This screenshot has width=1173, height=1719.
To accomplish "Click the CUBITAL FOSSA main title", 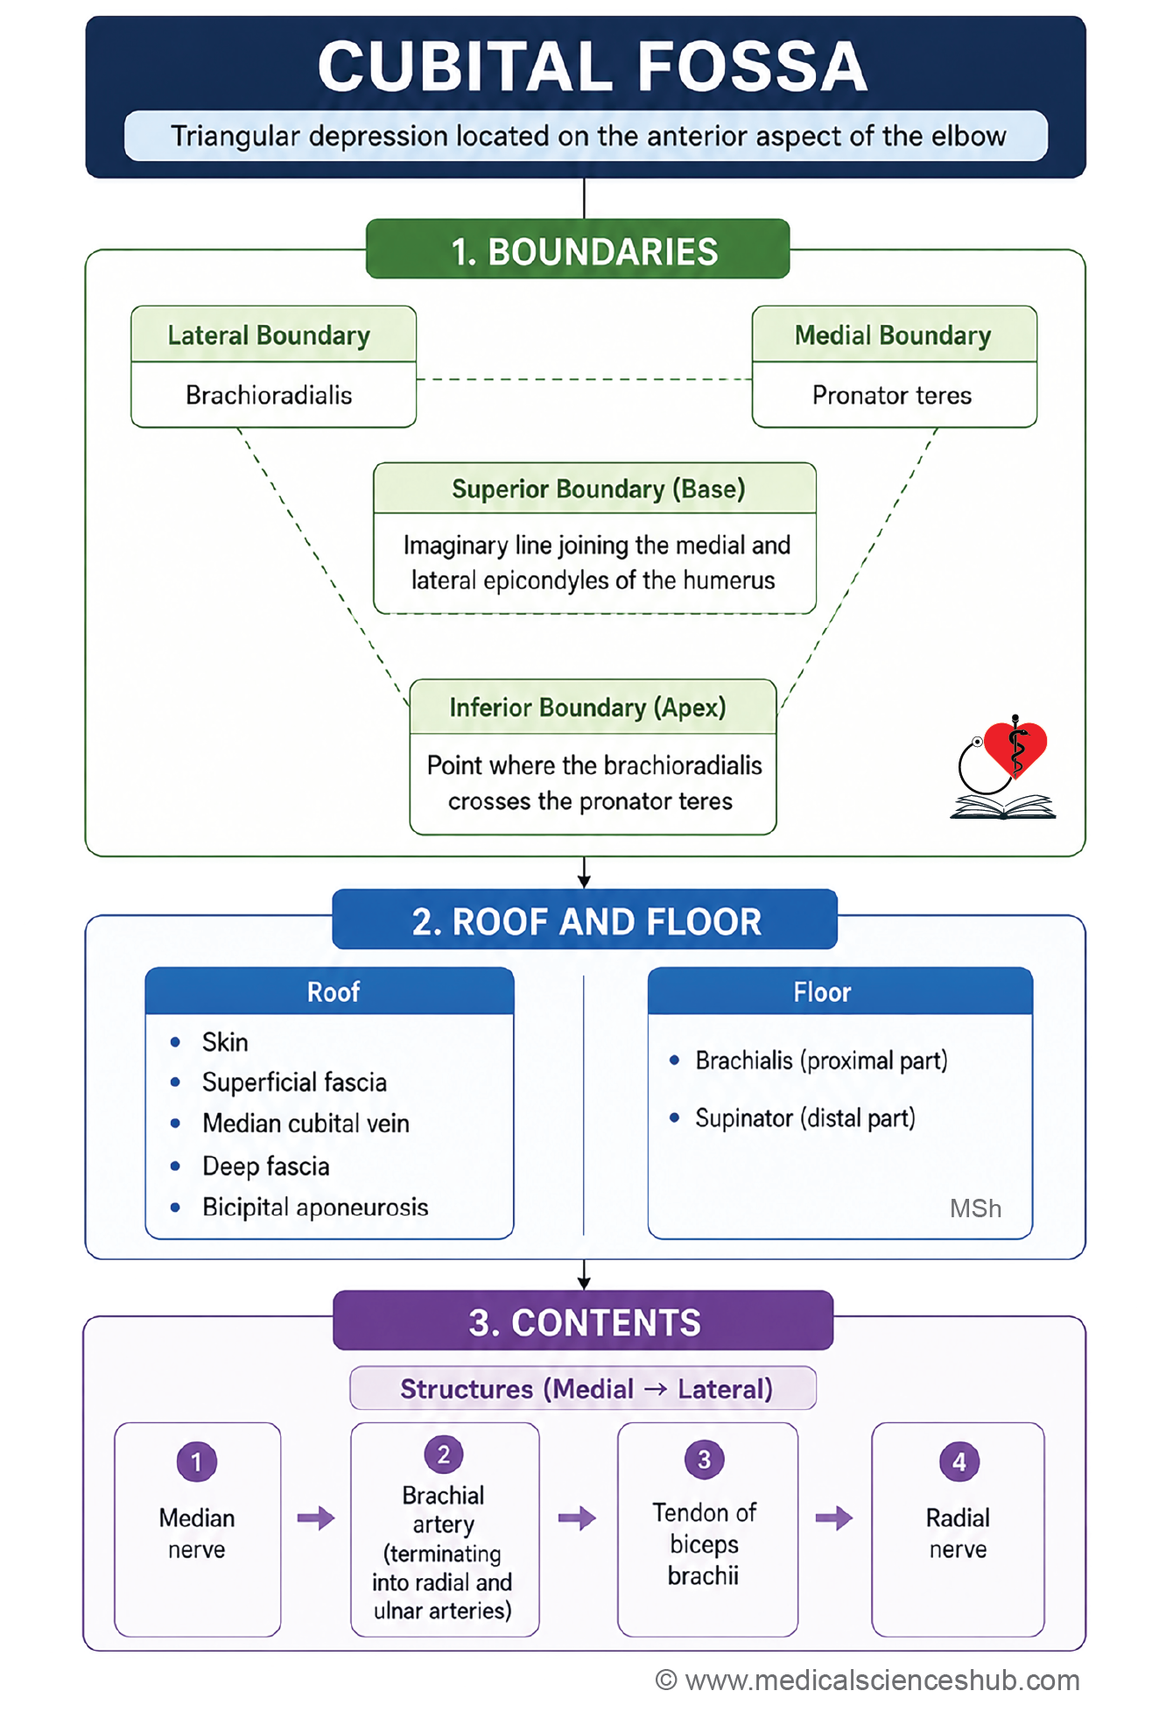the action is (x=592, y=67).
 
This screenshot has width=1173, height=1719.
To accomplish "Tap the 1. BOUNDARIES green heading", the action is (x=584, y=252).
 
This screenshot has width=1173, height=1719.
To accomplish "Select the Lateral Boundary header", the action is (x=269, y=335).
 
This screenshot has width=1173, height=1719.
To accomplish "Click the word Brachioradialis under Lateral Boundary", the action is (x=269, y=395).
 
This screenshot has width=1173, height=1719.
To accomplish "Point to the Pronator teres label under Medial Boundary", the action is (x=892, y=395).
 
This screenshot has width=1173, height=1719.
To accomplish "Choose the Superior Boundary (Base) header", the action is (x=598, y=489).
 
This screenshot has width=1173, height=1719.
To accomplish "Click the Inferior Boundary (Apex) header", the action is (x=587, y=708).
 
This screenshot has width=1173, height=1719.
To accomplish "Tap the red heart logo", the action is (x=1015, y=749).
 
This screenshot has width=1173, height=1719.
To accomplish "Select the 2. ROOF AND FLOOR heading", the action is (x=586, y=921).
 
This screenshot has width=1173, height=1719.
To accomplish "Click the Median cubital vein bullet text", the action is (x=306, y=1124).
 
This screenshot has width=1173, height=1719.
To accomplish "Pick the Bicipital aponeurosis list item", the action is (x=315, y=1208).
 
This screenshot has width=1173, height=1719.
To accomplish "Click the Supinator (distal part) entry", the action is (x=805, y=1118).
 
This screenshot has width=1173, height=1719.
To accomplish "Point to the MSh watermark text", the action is (x=975, y=1208).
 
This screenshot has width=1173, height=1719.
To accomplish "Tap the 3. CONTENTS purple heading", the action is (x=584, y=1322).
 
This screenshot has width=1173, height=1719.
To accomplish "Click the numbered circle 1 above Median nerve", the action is (x=197, y=1462).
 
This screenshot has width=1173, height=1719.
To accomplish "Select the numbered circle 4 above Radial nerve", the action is (x=959, y=1462).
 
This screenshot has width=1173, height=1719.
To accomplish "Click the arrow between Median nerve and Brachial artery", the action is (x=316, y=1518).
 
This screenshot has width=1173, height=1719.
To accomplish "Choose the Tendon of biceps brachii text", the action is (x=705, y=1544).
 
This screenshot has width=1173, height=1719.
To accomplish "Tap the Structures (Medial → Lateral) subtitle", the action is (x=586, y=1389).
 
